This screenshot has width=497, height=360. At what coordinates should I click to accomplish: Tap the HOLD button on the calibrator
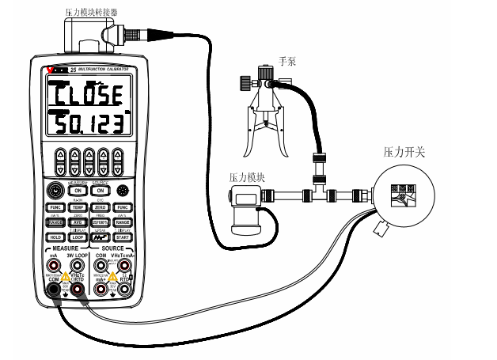(55, 236)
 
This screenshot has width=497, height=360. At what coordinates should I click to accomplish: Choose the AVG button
(78, 222)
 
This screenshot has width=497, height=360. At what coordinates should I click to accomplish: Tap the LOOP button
(78, 236)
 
